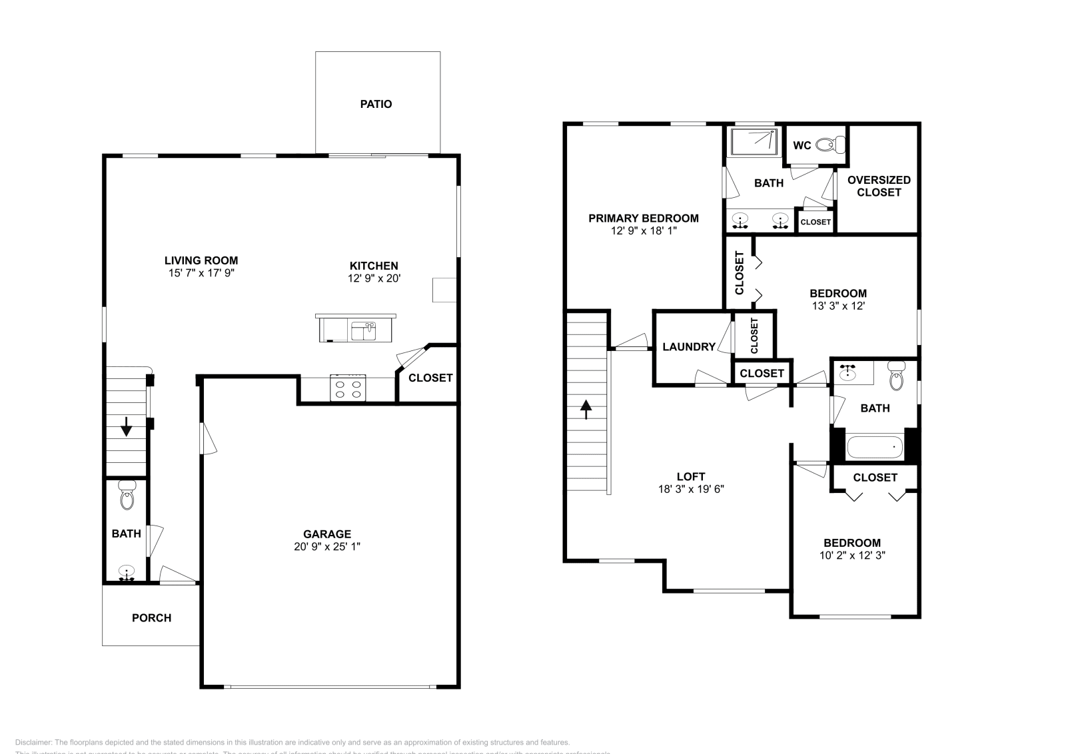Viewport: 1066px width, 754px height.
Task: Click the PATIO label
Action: (376, 104)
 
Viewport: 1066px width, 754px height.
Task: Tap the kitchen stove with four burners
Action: (348, 388)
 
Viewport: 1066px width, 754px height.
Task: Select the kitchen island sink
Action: (364, 330)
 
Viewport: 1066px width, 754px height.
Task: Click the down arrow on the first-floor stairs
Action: (126, 426)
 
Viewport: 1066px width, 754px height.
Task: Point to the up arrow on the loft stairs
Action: (586, 408)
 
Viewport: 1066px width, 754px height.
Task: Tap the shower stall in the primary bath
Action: (754, 141)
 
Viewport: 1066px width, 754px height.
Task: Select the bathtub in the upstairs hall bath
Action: (874, 447)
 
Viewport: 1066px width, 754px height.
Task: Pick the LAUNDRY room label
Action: (689, 347)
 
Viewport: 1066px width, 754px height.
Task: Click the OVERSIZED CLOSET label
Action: (879, 186)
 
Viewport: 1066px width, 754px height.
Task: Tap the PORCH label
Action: (151, 618)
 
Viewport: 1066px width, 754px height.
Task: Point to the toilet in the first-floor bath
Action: (127, 496)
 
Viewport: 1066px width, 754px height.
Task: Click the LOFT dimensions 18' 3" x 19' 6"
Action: (690, 489)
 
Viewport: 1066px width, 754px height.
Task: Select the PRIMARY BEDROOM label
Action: (644, 218)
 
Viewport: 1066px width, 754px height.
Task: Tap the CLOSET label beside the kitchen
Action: (430, 378)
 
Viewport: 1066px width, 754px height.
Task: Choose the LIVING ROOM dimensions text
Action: (201, 273)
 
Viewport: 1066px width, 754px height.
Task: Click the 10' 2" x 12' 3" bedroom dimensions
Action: (852, 555)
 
